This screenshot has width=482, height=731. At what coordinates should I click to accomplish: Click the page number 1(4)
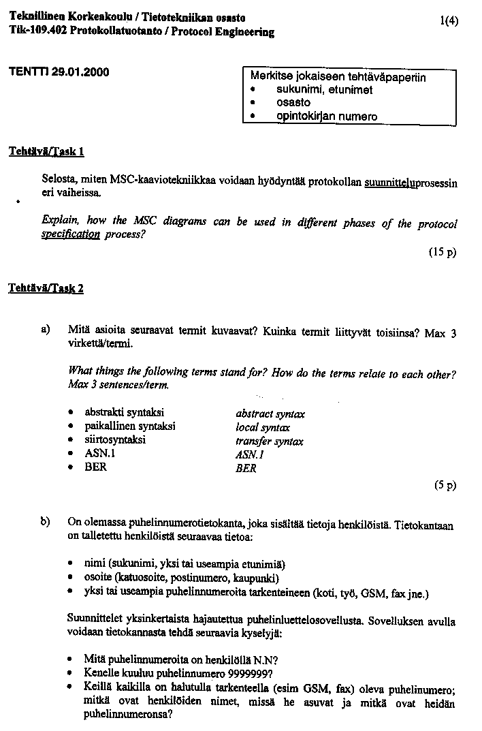click(x=449, y=20)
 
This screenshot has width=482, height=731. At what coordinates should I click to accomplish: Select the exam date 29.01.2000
click(x=80, y=72)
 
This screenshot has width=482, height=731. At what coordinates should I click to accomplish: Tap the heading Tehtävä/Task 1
click(x=46, y=152)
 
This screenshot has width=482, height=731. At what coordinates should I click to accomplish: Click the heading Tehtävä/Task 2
click(x=46, y=288)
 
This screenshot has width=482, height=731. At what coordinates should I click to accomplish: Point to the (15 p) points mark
click(x=442, y=252)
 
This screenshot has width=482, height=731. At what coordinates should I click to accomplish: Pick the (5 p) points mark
click(x=445, y=485)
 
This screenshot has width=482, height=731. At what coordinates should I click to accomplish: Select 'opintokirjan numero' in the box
click(x=326, y=116)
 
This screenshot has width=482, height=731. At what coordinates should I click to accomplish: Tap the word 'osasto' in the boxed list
click(x=293, y=103)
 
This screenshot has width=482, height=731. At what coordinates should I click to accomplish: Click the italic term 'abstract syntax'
click(x=270, y=414)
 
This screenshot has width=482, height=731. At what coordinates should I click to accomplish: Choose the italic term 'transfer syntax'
click(x=269, y=441)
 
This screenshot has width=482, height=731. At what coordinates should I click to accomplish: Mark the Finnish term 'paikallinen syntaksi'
click(x=129, y=426)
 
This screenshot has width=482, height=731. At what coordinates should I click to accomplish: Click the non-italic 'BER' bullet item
click(x=95, y=467)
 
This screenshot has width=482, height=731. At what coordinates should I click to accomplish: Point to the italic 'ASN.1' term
click(x=249, y=454)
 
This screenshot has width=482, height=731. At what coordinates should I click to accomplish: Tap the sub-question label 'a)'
click(x=46, y=329)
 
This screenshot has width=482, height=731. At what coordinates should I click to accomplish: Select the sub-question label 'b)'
click(x=46, y=522)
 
